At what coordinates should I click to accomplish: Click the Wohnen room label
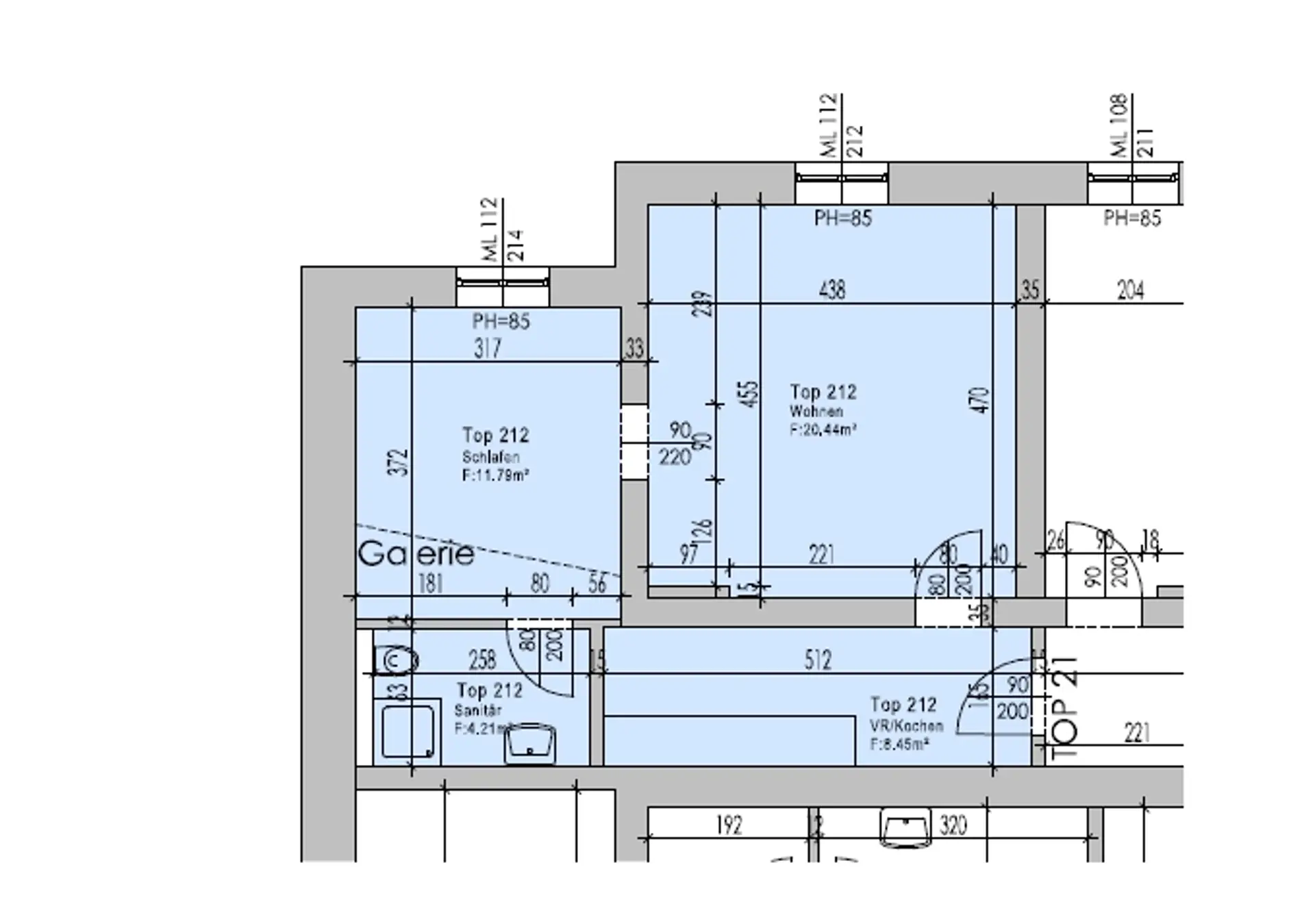pyautogui.click(x=816, y=412)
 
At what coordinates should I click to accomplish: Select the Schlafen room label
pyautogui.click(x=490, y=457)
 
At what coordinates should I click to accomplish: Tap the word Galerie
pyautogui.click(x=416, y=554)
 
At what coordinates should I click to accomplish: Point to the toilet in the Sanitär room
pyautogui.click(x=397, y=661)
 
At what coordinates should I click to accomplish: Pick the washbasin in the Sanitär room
pyautogui.click(x=530, y=745)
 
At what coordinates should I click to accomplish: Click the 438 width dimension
pyautogui.click(x=831, y=290)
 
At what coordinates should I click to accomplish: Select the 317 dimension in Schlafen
pyautogui.click(x=487, y=349)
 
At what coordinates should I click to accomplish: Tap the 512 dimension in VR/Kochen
pyautogui.click(x=817, y=660)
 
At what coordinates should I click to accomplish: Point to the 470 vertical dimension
pyautogui.click(x=981, y=401)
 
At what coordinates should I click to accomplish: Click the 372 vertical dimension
pyautogui.click(x=399, y=462)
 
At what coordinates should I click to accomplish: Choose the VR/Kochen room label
pyautogui.click(x=906, y=725)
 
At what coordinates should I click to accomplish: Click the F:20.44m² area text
pyautogui.click(x=823, y=430)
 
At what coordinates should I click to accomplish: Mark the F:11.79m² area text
pyautogui.click(x=495, y=475)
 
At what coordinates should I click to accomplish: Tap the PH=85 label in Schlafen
pyautogui.click(x=501, y=321)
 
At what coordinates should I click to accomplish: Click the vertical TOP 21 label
pyautogui.click(x=1064, y=708)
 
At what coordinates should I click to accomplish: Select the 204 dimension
pyautogui.click(x=1130, y=290)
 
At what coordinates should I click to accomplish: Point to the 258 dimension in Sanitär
pyautogui.click(x=482, y=660)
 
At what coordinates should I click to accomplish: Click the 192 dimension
pyautogui.click(x=729, y=825)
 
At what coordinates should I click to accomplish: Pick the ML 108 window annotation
pyautogui.click(x=1118, y=126)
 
